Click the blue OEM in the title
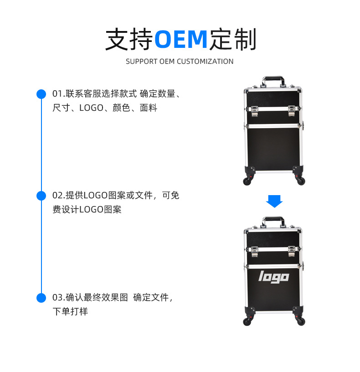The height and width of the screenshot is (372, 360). [x=180, y=40]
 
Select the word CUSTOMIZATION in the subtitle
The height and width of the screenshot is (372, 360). [x=205, y=62]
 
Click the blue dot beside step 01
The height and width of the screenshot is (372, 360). [x=41, y=94]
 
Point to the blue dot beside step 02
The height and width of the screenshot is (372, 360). [x=41, y=196]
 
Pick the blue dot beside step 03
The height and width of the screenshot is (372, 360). [x=41, y=298]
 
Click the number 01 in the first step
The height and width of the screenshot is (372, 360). [x=57, y=94]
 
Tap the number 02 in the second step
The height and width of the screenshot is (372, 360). [x=57, y=196]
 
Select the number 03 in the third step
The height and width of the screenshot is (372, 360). [x=57, y=298]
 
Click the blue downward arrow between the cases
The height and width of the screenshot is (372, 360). [x=274, y=201]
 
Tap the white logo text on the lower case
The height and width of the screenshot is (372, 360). [x=273, y=276]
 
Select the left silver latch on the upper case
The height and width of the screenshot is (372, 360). [x=253, y=109]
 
